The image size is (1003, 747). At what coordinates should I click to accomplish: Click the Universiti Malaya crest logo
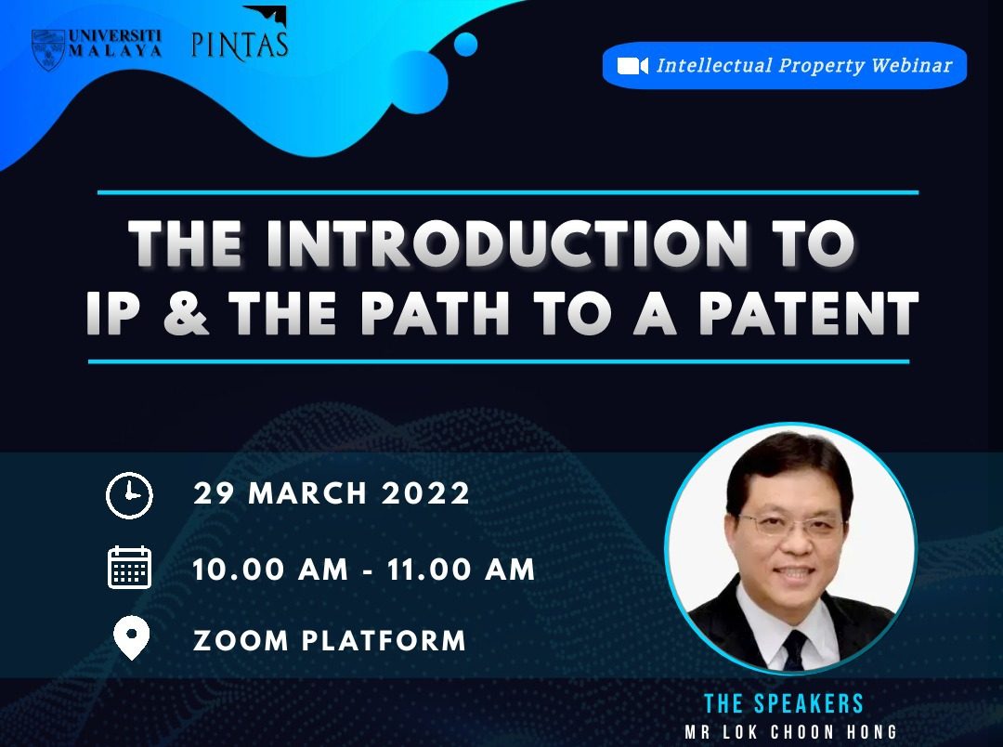coord(48,48)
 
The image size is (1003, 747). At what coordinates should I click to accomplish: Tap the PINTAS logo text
coord(240,45)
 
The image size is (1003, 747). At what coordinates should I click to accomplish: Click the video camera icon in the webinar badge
coord(632,66)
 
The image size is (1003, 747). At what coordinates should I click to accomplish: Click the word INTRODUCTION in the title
coord(507,243)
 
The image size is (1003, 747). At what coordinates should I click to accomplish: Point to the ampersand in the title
coord(186,313)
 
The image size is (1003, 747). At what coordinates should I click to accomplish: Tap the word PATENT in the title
coord(809,313)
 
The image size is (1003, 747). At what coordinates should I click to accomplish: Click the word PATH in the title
coord(436,313)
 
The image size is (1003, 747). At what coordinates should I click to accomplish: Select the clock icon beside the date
coord(129,495)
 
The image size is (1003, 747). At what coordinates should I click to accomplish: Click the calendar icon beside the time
coord(129,567)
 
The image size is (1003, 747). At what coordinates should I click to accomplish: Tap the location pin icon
coord(131,638)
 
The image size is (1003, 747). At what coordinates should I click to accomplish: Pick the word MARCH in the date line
coord(307,493)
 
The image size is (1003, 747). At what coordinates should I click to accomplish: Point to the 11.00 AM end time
coord(461,569)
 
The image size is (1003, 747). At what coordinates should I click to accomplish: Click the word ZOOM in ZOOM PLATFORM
coord(241,641)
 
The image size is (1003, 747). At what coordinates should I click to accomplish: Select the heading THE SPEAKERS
coord(784,703)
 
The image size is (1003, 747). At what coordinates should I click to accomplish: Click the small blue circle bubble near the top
coord(465,45)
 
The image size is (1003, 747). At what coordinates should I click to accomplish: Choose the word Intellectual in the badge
coord(714,65)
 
